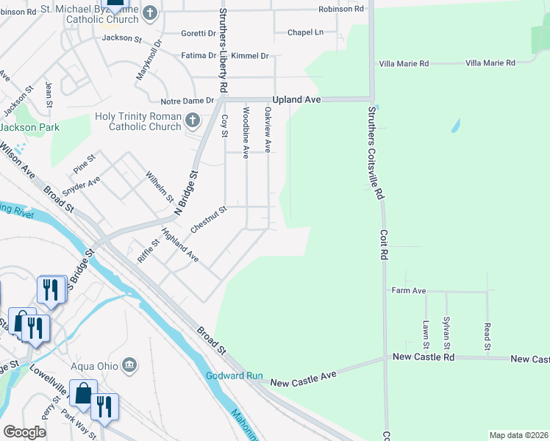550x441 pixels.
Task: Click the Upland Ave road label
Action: tap(296, 99)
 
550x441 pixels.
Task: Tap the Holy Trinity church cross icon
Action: tap(193, 120)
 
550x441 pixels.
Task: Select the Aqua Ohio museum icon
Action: tap(129, 365)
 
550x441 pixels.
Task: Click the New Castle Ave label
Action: tap(303, 379)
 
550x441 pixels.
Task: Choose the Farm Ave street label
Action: tap(409, 291)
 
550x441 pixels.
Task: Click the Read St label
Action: tap(487, 334)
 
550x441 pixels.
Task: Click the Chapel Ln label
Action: tap(305, 32)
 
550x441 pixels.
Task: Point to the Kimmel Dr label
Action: tap(250, 56)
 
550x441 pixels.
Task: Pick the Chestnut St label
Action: tap(209, 220)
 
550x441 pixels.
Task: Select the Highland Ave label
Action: tap(180, 246)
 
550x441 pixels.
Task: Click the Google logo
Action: tap(24, 432)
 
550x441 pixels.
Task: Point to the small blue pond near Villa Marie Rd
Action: tap(455, 126)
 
